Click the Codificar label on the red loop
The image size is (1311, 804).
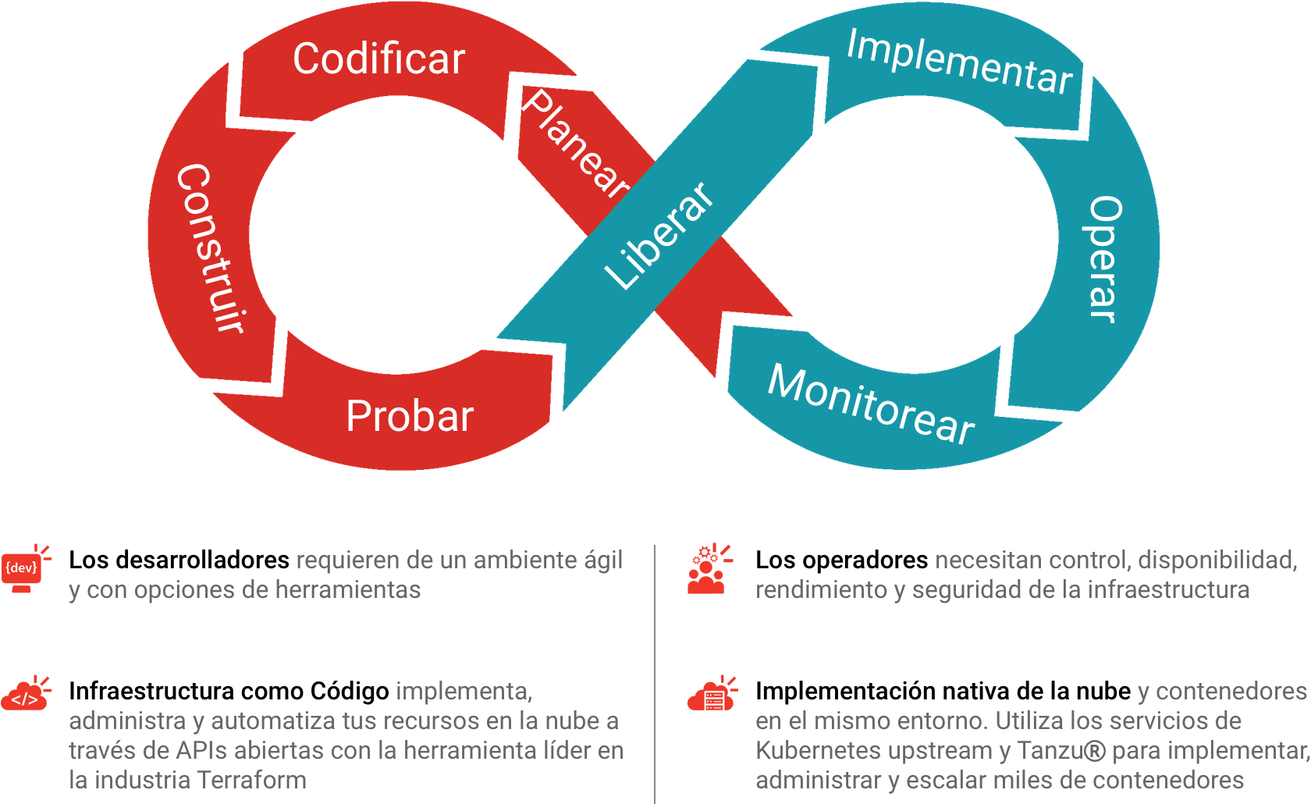(378, 59)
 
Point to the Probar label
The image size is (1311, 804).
(410, 416)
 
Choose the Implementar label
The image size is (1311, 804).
(959, 62)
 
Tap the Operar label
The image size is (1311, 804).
(1104, 258)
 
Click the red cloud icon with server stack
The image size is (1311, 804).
(711, 694)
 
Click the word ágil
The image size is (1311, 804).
(603, 560)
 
